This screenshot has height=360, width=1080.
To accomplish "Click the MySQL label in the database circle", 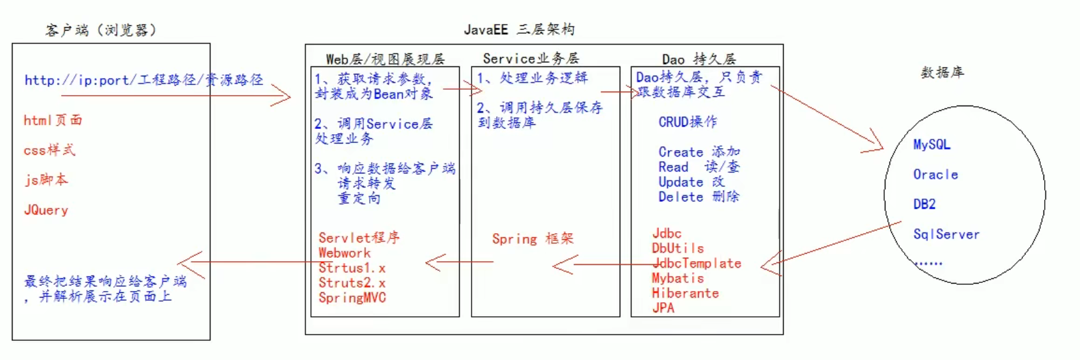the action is (x=931, y=145).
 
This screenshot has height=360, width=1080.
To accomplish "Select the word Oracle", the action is (x=935, y=175).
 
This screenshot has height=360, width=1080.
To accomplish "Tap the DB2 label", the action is (x=925, y=205).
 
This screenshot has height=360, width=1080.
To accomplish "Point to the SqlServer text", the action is (x=946, y=234).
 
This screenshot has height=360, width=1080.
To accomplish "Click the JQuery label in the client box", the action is (x=46, y=210).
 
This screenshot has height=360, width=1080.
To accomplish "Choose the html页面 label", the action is (x=53, y=120).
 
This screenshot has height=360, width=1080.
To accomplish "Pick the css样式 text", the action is (x=50, y=150).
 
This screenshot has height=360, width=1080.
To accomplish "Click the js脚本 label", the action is (x=46, y=180).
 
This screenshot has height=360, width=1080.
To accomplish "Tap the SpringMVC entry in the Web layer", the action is (x=352, y=298).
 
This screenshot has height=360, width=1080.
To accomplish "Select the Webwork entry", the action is (x=344, y=253).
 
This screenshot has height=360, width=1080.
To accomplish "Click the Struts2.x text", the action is (x=352, y=283).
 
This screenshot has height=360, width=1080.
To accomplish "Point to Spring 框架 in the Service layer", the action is (x=533, y=238).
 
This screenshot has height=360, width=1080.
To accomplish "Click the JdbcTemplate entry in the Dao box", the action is (x=697, y=263).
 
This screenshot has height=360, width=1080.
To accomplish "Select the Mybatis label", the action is (x=677, y=278).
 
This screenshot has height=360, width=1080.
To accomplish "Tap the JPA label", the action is (x=663, y=308).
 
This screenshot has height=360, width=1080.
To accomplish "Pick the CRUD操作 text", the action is (x=687, y=122).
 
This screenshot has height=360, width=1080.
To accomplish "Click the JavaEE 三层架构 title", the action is (x=519, y=30).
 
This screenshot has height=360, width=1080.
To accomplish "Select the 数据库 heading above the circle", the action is (x=942, y=72).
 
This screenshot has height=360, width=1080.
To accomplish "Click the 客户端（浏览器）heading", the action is (x=101, y=31).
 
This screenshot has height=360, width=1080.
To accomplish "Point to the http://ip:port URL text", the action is (x=143, y=80).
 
